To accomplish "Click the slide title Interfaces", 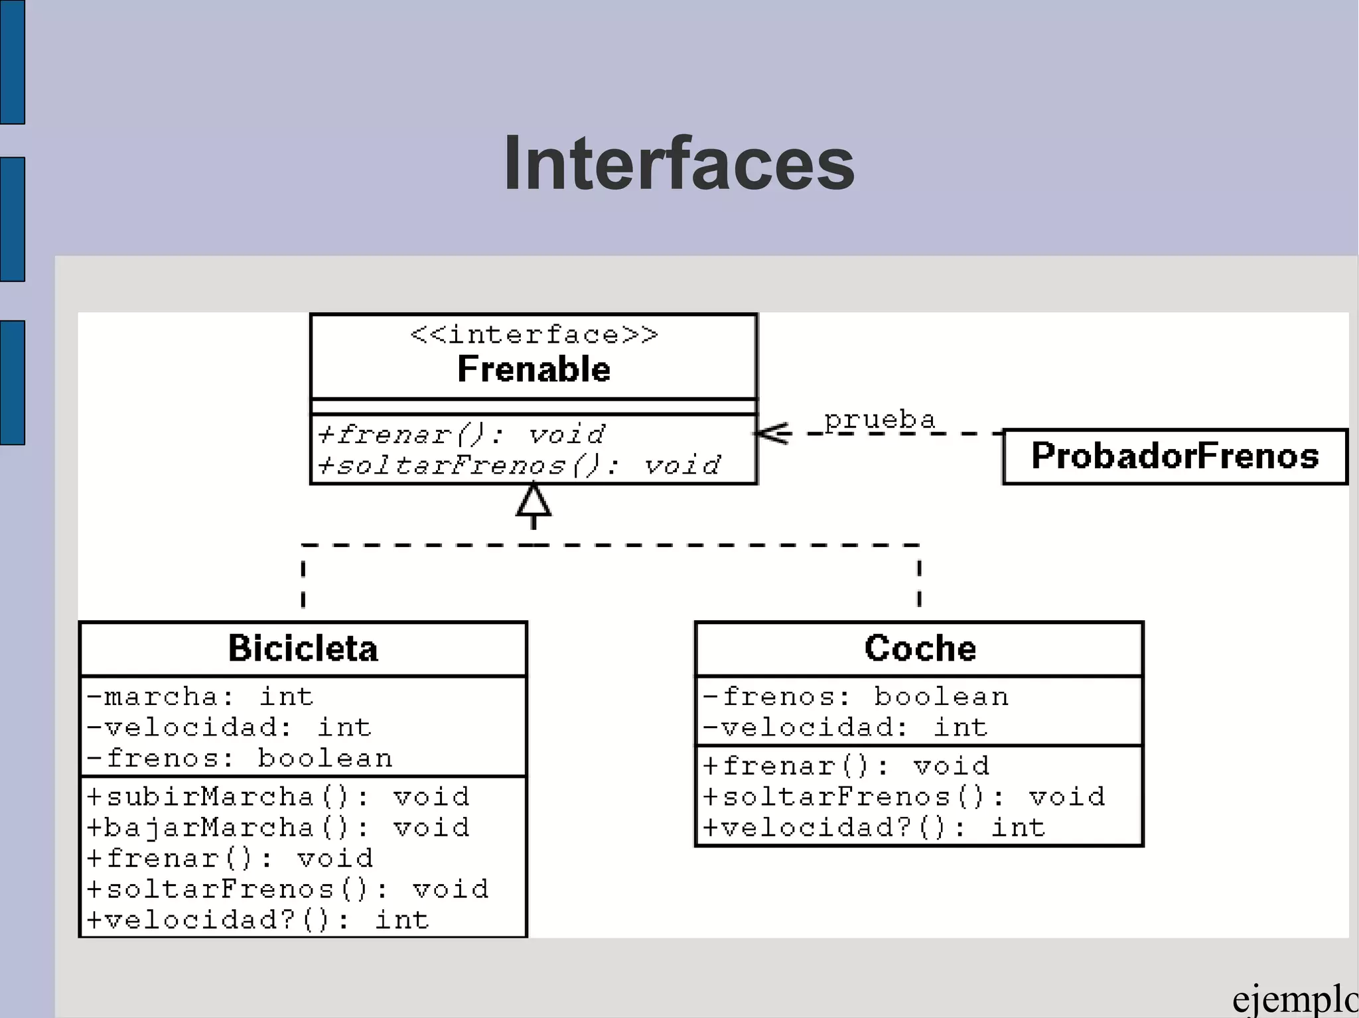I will pyautogui.click(x=679, y=163).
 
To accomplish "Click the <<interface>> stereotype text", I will pyautogui.click(x=534, y=335).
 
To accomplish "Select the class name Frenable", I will pyautogui.click(x=534, y=369).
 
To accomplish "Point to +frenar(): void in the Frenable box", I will pyautogui.click(x=461, y=435).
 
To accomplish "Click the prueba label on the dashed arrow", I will pyautogui.click(x=879, y=420).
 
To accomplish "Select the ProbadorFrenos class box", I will pyautogui.click(x=1175, y=456).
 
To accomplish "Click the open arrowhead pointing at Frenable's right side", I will pyautogui.click(x=773, y=434).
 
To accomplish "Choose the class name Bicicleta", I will pyautogui.click(x=303, y=649).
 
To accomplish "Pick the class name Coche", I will pyautogui.click(x=920, y=649).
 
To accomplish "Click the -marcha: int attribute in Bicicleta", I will pyautogui.click(x=200, y=697).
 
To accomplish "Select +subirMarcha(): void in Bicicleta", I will pyautogui.click(x=278, y=796).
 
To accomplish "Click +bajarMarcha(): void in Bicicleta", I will pyautogui.click(x=278, y=828).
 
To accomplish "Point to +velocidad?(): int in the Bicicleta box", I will pyautogui.click(x=258, y=921).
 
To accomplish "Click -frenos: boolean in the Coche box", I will pyautogui.click(x=855, y=697).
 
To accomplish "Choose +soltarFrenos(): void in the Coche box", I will pyautogui.click(x=904, y=796).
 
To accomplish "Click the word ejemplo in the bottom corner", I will pyautogui.click(x=1294, y=1000).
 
